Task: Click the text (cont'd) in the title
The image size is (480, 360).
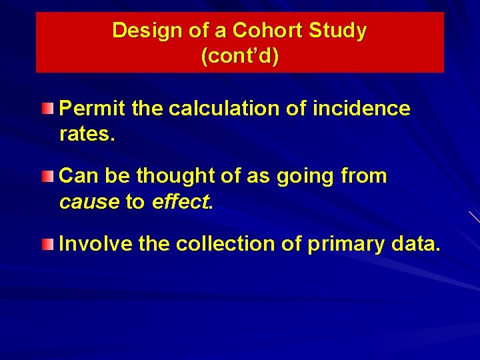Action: pyautogui.click(x=239, y=56)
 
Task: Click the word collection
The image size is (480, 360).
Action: pyautogui.click(x=225, y=245)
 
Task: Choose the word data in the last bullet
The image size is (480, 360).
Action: pyautogui.click(x=415, y=245)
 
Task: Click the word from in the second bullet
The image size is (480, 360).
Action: pyautogui.click(x=363, y=177)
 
